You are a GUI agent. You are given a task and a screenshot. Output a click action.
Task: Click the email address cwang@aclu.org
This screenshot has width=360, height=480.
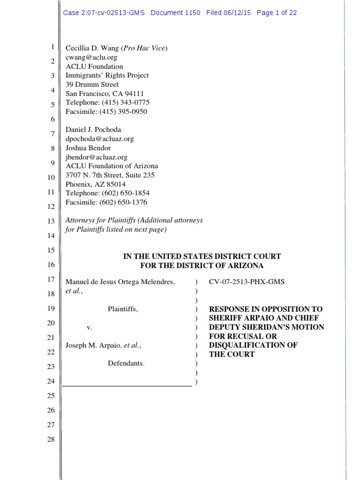coord(91,57)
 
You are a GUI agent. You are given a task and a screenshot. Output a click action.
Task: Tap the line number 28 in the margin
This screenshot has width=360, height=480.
coord(51,439)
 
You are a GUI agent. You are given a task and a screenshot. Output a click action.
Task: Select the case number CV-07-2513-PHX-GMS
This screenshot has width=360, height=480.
coord(246,282)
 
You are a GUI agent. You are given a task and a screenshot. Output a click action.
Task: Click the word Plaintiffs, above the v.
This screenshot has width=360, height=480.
coord(123,309)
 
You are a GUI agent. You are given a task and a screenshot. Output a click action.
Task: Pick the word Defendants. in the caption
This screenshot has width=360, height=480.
coord(126,363)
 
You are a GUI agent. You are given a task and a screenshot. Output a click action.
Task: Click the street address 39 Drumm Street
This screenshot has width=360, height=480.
coord(92,84)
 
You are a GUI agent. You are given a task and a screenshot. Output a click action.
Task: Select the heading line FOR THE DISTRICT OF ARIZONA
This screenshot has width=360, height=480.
coord(202,266)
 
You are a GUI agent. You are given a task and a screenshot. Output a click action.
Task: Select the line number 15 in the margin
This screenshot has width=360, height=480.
coord(51,250)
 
